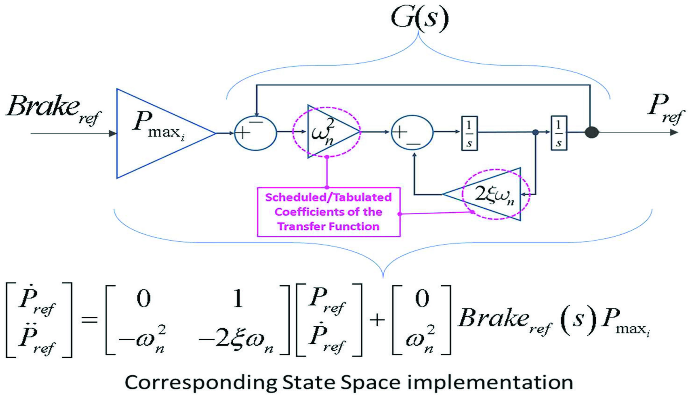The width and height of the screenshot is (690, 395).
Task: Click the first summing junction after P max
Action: (x=255, y=133)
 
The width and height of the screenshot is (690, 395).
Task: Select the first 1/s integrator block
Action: (x=469, y=133)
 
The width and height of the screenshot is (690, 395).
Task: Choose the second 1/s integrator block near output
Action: (x=559, y=133)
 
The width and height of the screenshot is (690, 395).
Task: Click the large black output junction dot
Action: (x=591, y=133)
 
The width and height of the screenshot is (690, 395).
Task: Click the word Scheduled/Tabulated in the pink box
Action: (x=328, y=197)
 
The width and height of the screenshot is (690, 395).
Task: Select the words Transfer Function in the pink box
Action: (x=328, y=226)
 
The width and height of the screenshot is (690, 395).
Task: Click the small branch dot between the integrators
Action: (x=535, y=133)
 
